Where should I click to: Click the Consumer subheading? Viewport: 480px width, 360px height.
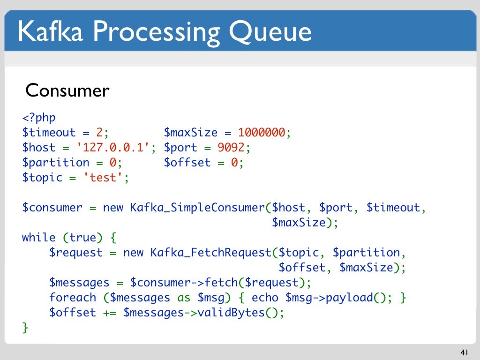coord(67,90)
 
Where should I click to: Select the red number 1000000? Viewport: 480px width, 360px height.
coord(262,133)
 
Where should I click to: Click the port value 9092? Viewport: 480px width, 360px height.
coord(231,148)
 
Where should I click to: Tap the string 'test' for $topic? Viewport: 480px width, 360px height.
coord(103,178)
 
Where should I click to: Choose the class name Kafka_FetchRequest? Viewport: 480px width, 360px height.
coord(211,253)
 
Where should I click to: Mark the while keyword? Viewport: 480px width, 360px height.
coord(39,238)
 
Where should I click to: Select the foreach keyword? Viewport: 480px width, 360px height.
coord(73,298)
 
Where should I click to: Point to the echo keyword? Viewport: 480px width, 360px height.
coord(265,298)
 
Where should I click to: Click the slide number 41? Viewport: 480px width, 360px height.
coord(465,352)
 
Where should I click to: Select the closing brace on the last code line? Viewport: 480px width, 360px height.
coord(25,328)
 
